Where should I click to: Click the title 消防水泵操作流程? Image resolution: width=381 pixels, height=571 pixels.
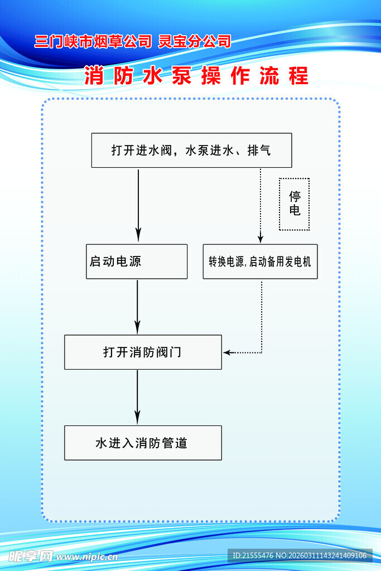[196, 76]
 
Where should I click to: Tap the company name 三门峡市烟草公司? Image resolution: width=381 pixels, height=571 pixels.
[93, 41]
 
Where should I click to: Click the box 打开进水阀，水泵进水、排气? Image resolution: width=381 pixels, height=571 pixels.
[191, 150]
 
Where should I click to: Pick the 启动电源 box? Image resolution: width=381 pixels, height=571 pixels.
[137, 262]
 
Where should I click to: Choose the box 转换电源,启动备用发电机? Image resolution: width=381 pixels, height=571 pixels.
[260, 262]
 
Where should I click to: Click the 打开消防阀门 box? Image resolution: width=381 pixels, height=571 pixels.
[143, 352]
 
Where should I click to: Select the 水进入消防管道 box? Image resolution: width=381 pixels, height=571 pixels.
[143, 443]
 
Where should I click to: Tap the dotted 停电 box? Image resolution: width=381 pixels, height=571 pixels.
[294, 204]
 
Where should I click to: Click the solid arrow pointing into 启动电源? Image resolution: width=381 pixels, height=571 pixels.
[138, 206]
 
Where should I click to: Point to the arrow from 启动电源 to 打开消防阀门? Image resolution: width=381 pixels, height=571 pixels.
[138, 307]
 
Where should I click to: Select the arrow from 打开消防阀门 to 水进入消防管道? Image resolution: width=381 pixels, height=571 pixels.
[138, 397]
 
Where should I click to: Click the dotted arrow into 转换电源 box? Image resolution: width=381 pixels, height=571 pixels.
[260, 206]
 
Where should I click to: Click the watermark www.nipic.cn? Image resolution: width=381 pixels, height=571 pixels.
[87, 556]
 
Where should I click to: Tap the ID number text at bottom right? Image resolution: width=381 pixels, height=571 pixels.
[300, 555]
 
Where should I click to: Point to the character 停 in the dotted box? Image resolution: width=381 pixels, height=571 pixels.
[295, 197]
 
